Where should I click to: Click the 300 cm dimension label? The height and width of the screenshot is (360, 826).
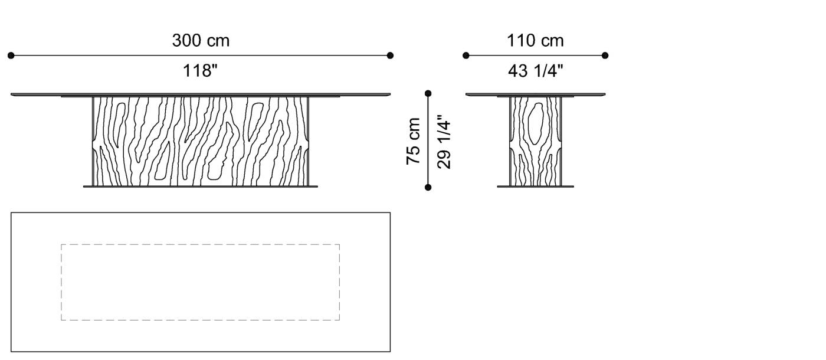201,41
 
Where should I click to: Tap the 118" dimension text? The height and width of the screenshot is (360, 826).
201,71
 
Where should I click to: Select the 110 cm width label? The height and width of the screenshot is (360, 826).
535,41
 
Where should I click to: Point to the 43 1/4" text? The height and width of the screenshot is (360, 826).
535,71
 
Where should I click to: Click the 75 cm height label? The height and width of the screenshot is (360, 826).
414,141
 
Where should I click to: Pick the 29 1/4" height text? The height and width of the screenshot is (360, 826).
444,141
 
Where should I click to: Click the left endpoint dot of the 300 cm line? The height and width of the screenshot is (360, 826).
11,55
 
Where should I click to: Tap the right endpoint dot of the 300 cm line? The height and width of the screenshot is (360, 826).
390,55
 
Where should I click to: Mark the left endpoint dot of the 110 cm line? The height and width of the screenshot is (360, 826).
466,55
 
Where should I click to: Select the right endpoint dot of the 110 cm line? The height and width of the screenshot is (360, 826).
605,55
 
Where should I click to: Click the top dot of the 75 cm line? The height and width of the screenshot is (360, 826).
428,93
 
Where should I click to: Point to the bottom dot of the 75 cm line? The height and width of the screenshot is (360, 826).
428,188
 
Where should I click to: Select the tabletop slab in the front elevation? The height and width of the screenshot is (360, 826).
201,94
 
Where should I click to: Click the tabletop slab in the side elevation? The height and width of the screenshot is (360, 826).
535,94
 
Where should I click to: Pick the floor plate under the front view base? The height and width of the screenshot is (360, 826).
201,186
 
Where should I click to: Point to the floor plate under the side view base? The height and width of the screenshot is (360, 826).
535,186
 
